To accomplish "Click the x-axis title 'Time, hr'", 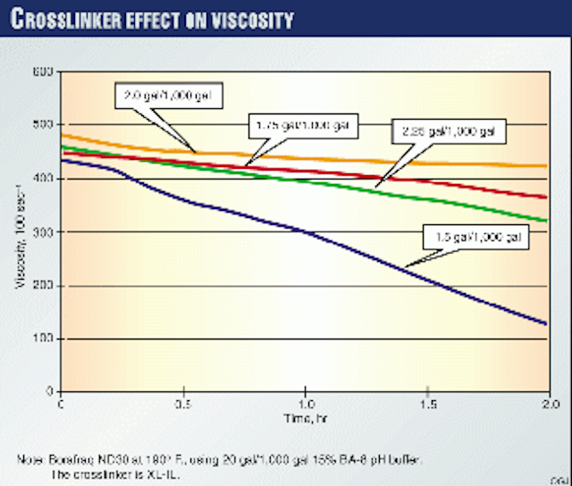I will (x=303, y=418).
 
